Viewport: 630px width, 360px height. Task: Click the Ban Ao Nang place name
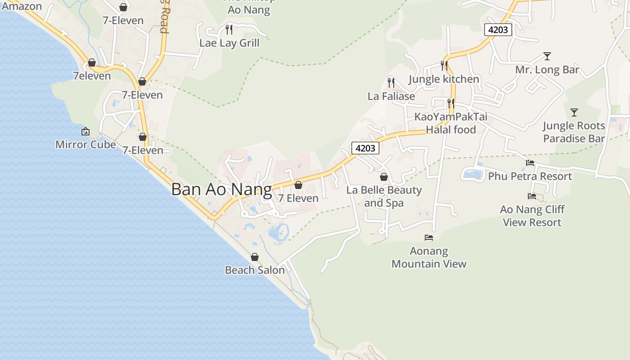(x=221, y=189)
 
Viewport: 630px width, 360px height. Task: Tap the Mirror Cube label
(x=85, y=144)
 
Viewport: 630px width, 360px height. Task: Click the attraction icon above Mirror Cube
(x=85, y=131)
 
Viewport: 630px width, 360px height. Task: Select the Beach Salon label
(x=255, y=270)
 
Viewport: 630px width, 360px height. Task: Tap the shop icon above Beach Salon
(x=255, y=257)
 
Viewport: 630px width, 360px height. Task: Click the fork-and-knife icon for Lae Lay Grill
(x=229, y=30)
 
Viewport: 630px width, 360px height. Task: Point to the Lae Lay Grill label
(x=229, y=43)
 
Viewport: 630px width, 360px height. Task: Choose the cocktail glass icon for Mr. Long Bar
(x=547, y=56)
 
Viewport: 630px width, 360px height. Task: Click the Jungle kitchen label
(x=444, y=79)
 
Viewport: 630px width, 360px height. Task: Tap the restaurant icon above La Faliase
(x=391, y=82)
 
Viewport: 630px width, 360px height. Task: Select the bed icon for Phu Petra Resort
(x=530, y=163)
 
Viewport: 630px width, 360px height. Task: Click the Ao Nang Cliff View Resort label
(x=532, y=216)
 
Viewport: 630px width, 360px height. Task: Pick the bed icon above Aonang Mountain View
(x=429, y=237)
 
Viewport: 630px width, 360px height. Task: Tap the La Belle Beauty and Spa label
(x=384, y=196)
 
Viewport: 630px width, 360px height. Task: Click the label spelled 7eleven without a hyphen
(x=92, y=76)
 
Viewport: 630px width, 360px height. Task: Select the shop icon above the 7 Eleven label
(x=298, y=185)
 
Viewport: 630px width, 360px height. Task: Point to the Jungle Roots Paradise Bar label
(x=574, y=132)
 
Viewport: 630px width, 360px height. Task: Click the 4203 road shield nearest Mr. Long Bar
(x=498, y=30)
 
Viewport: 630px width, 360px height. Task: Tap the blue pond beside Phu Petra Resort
(x=472, y=174)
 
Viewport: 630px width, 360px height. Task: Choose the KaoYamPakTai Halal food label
(x=450, y=123)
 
